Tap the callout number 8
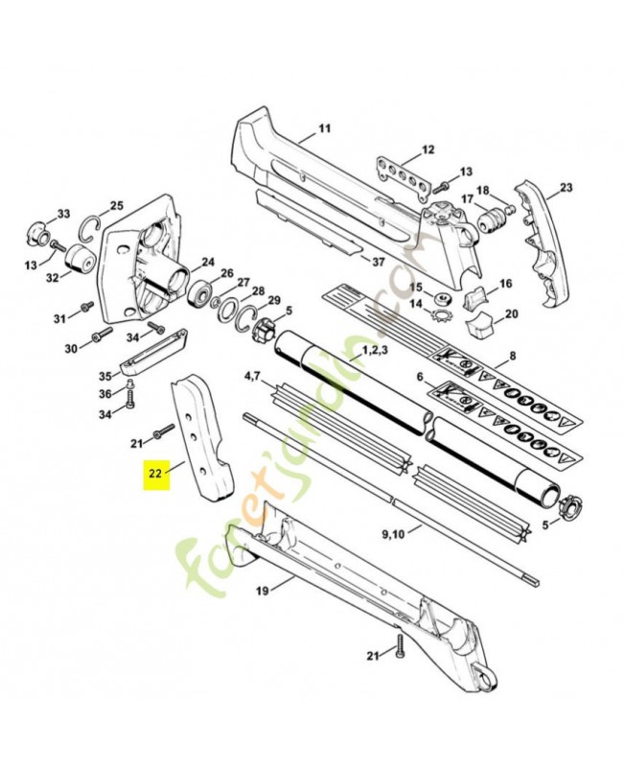(512, 356)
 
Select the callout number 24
(208, 262)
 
